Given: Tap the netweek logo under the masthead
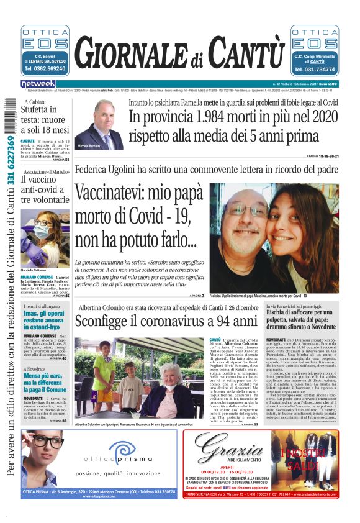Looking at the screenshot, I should point(38,83).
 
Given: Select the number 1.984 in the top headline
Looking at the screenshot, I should point(211,117).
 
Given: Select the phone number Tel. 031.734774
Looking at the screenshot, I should point(315,69).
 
